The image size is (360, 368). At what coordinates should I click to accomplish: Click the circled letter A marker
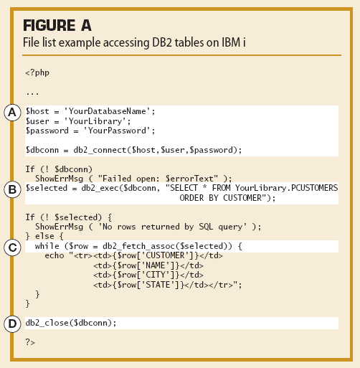coord(12,113)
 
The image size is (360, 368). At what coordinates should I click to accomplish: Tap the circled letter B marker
coord(12,189)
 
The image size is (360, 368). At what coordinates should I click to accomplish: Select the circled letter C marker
coord(12,247)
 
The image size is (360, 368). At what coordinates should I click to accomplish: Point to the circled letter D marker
coord(12,324)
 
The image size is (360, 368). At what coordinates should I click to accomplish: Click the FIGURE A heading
coord(57,25)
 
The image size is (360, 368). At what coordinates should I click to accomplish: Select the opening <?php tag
coord(37,72)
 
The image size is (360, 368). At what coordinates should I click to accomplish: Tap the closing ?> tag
coord(30,342)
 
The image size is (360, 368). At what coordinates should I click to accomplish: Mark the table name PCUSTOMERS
coord(315,188)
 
